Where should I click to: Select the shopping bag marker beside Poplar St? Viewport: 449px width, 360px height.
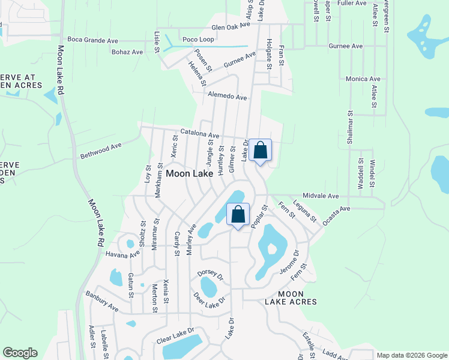pos(238,214)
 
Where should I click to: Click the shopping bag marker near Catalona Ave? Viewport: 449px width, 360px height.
pos(260,150)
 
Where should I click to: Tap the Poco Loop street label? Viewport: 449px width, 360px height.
pos(198,39)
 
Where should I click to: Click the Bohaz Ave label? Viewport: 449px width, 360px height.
pos(127,52)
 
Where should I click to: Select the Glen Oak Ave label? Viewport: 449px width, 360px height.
pos(234,27)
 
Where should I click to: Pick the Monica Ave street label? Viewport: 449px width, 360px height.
pos(363,79)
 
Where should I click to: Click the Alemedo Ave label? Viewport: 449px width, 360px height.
pos(228,97)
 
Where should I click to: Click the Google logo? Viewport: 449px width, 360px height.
pos(20,353)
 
